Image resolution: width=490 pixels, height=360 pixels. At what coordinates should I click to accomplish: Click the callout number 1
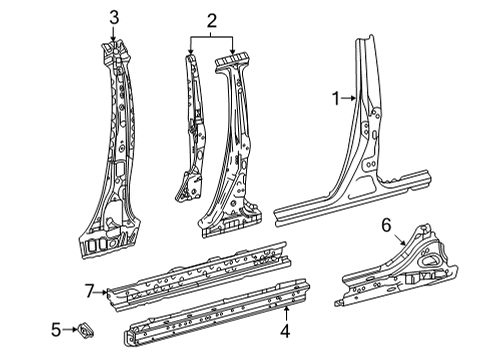336,97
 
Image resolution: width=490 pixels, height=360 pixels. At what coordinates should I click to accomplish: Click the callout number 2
211,19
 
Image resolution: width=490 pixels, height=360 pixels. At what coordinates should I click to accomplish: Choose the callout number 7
90,290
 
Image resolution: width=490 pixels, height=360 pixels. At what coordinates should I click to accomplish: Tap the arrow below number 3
114,35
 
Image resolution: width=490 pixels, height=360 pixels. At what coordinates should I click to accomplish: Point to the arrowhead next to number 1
352,97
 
